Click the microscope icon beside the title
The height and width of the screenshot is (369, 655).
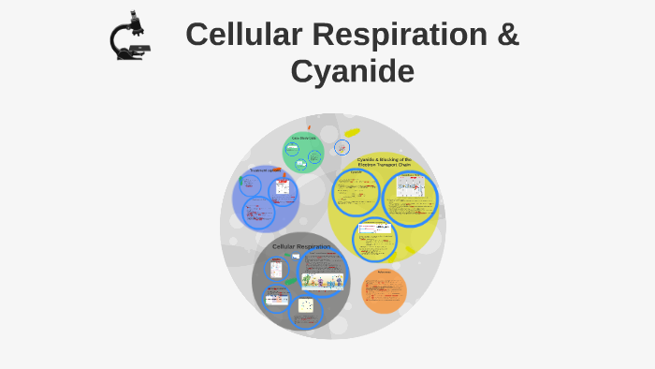(129, 37)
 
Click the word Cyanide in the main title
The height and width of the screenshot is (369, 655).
(352, 71)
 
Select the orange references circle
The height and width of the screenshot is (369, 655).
(384, 290)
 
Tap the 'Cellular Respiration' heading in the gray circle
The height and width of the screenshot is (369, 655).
(300, 246)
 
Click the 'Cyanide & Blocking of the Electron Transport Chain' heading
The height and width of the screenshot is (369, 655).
(384, 162)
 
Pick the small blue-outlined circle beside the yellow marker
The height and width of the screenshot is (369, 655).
(342, 147)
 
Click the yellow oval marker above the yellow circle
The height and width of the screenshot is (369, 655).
(352, 133)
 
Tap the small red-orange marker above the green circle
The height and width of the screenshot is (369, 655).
(309, 127)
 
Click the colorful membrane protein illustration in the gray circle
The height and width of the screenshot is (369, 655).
(323, 280)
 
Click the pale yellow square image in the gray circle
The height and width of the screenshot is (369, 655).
(305, 305)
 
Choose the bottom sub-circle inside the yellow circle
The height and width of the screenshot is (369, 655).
(375, 238)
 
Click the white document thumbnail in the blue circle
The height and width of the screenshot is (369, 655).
(283, 189)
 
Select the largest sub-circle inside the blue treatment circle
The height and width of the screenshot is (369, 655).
(259, 213)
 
